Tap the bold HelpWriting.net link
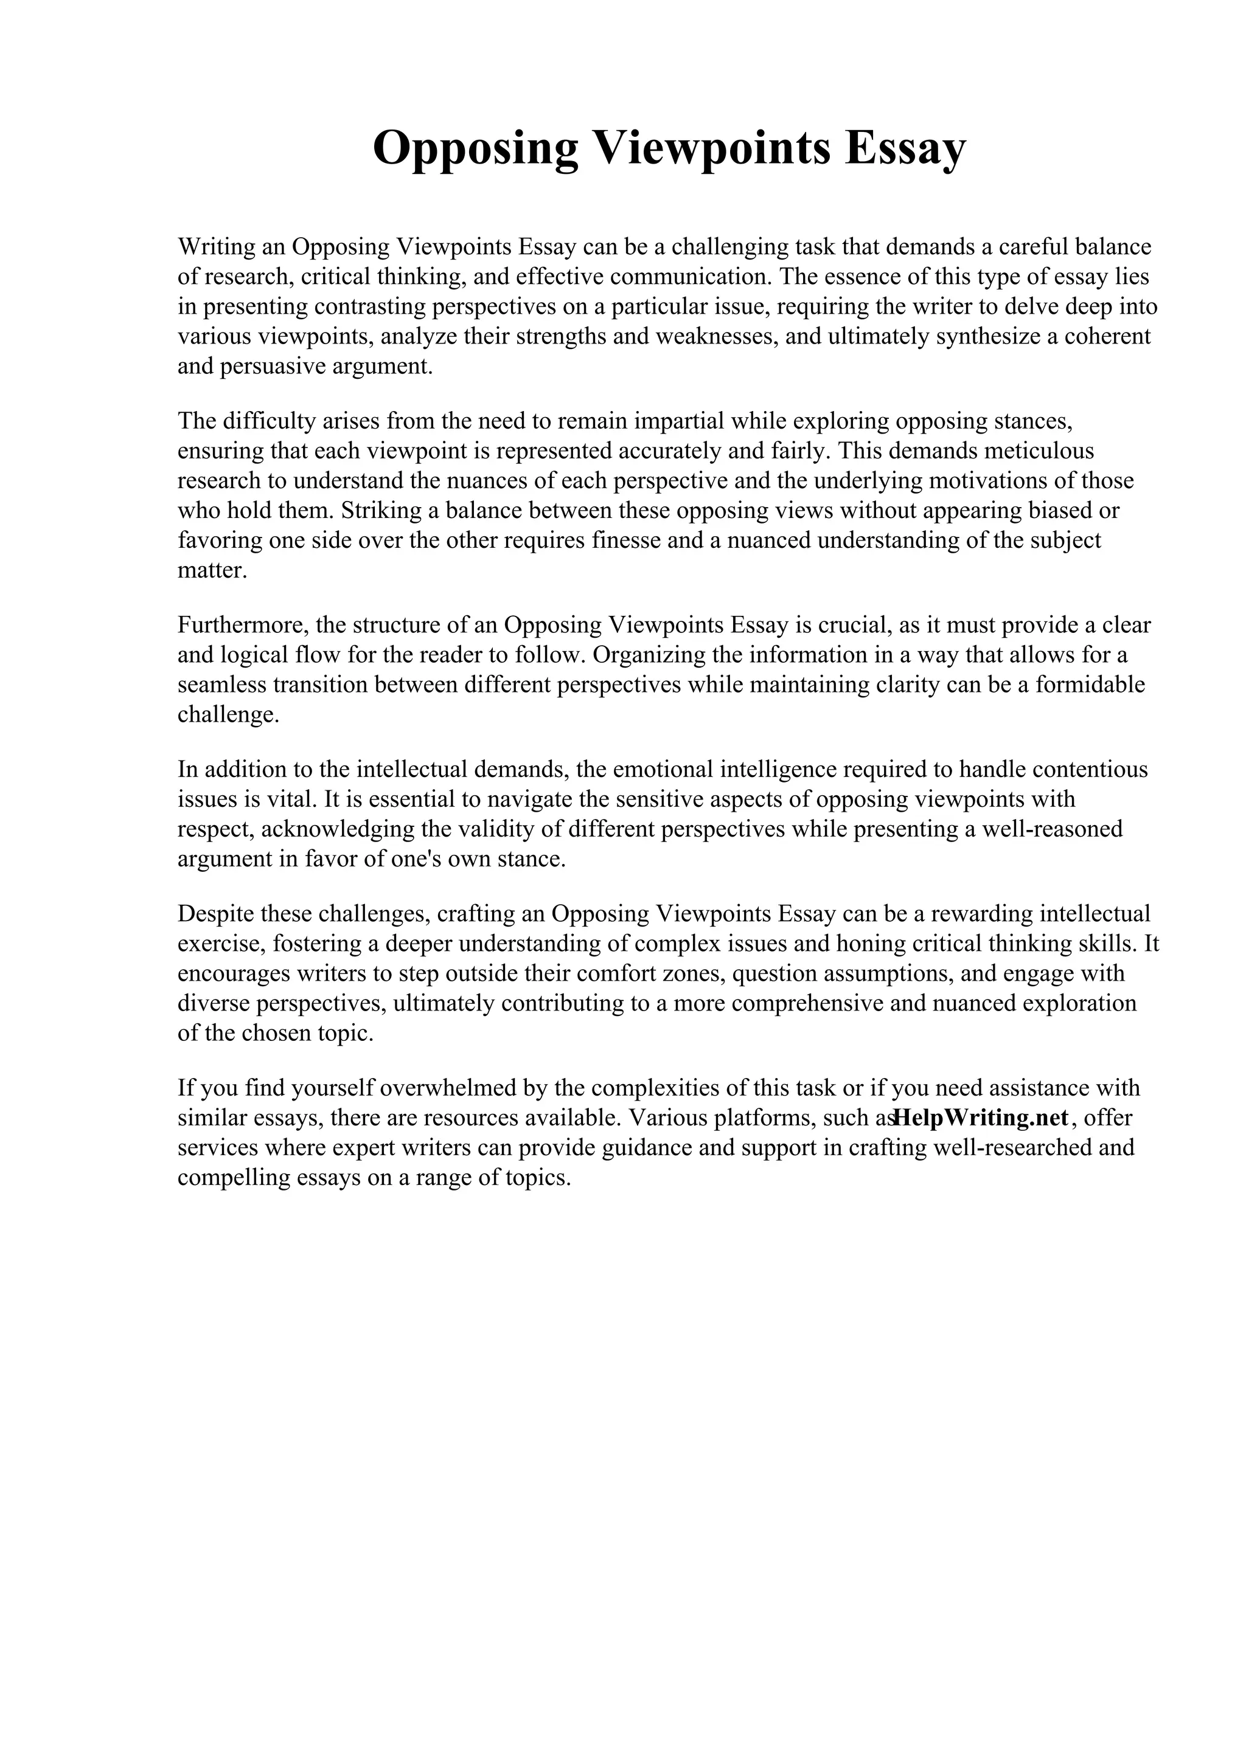(982, 1118)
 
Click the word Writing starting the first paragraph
(215, 247)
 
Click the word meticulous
(1038, 451)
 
